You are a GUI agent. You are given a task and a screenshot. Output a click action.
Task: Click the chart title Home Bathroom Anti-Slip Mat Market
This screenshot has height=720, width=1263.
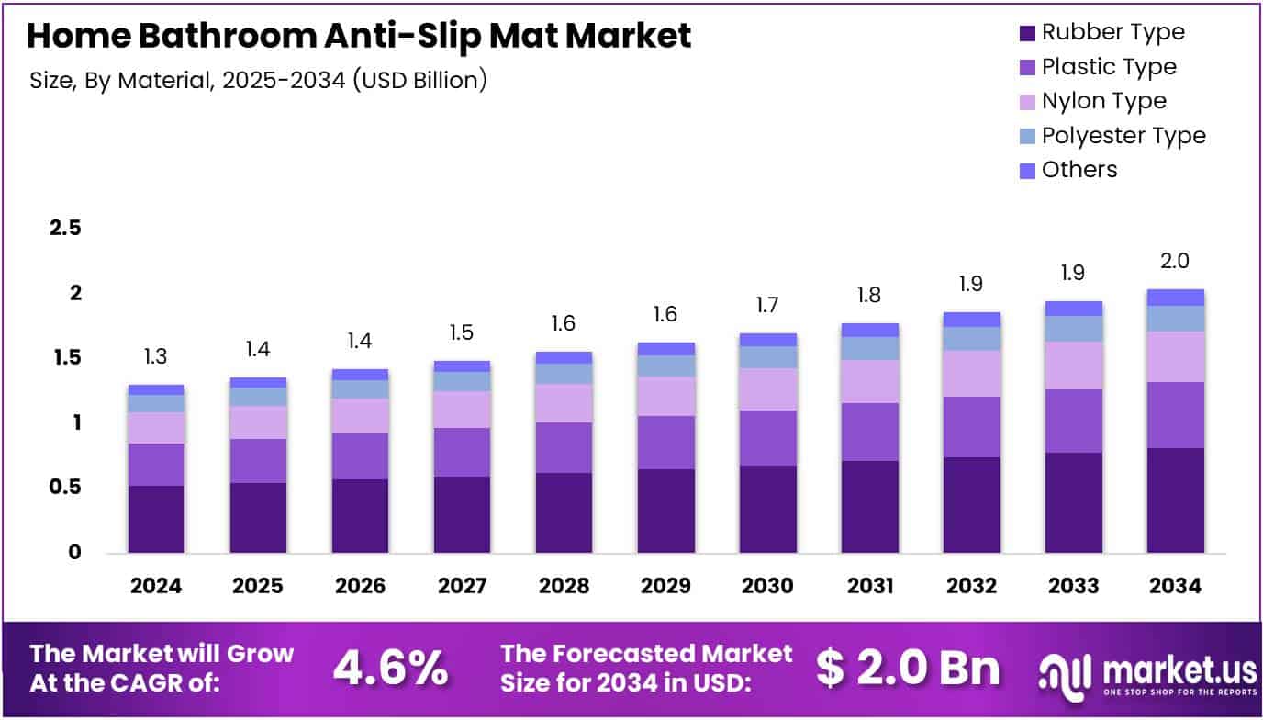359,36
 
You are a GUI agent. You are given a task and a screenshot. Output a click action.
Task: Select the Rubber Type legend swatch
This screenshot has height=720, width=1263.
1027,33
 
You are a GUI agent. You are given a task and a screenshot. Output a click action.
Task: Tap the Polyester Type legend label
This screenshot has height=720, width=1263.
1123,136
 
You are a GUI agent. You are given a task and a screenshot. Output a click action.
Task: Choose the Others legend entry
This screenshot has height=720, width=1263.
1079,170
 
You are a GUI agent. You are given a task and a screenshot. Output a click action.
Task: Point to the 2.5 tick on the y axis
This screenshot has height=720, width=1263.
65,229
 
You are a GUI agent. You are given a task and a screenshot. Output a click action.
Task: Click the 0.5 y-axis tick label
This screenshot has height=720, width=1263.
65,488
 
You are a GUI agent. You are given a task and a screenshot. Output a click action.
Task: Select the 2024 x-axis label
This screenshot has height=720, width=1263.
156,586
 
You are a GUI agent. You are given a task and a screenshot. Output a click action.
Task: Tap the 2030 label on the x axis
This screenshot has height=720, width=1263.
767,586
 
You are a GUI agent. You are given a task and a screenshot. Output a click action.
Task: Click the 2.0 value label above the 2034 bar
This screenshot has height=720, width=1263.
1175,261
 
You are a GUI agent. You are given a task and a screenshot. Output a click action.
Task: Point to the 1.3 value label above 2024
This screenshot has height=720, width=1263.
156,357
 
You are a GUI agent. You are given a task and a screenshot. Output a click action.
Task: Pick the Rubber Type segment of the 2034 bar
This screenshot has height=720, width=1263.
1175,500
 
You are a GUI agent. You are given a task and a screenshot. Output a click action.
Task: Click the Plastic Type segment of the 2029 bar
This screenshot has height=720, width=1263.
665,443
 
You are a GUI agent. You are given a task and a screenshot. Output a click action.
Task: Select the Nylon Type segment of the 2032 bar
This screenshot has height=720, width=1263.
971,373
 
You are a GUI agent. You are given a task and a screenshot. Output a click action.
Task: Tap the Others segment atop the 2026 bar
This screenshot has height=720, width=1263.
360,375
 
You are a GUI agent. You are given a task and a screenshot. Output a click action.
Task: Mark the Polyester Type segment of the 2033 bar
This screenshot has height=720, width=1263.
1073,329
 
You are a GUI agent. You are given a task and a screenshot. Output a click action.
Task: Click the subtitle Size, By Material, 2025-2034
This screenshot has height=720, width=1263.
258,81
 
